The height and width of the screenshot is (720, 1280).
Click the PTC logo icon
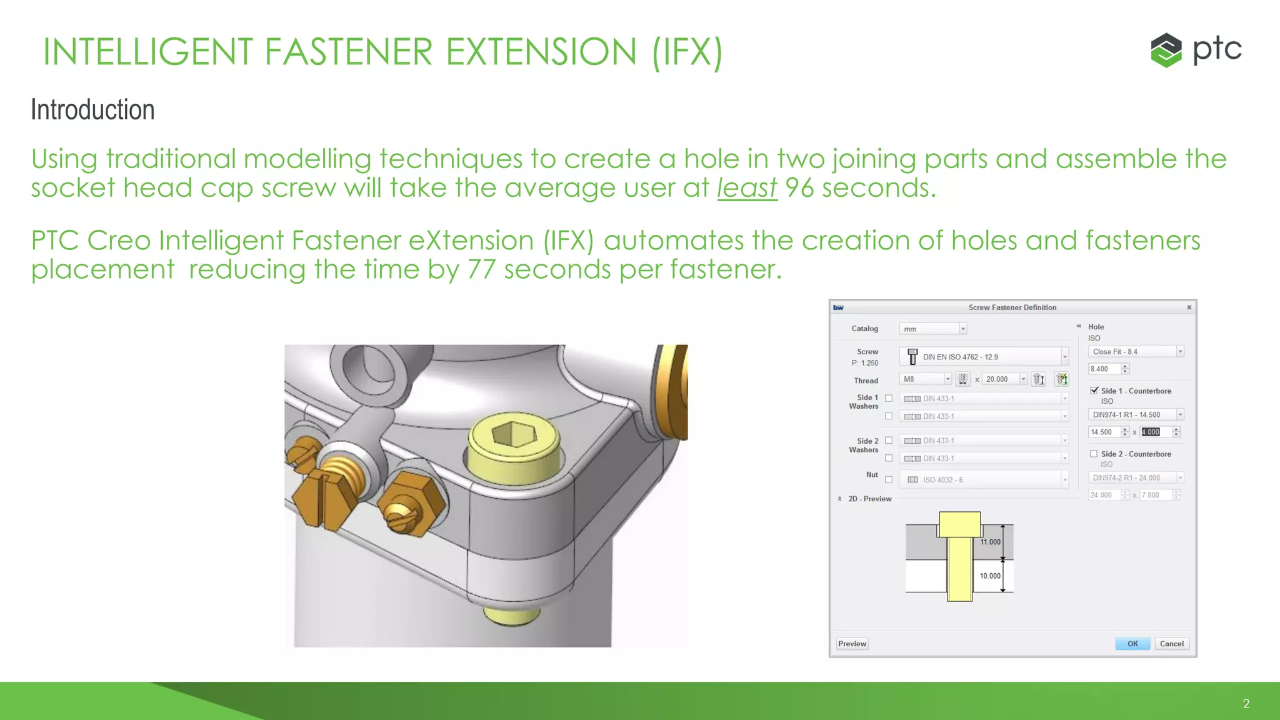[1166, 50]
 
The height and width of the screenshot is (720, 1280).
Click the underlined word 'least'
[747, 187]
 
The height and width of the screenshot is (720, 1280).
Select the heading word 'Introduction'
[92, 110]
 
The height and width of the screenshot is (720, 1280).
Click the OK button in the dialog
[1132, 644]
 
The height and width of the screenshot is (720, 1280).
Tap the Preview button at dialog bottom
[852, 644]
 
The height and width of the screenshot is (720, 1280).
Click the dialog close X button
[1189, 307]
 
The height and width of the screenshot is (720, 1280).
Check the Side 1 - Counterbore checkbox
[1094, 391]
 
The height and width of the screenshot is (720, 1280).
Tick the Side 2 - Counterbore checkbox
[1094, 454]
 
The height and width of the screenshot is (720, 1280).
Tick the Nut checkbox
[889, 479]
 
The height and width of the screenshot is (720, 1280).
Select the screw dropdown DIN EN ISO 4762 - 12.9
[984, 357]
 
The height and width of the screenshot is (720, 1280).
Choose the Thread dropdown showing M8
[926, 379]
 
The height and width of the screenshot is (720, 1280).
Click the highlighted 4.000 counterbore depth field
[1151, 432]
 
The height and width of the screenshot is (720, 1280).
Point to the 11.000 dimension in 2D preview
[990, 542]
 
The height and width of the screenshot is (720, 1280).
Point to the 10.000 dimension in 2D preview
[990, 576]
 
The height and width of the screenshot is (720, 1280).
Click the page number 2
[1246, 704]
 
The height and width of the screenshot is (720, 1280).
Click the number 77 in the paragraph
[481, 269]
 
